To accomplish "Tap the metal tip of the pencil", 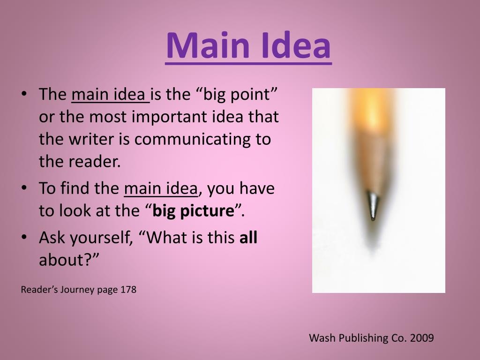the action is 373,206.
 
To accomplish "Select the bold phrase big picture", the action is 193,210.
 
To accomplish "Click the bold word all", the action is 248,237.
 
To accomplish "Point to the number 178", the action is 128,289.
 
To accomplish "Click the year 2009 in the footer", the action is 422,337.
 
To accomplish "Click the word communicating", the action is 193,139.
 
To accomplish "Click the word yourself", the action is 102,238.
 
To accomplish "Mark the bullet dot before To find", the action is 24,187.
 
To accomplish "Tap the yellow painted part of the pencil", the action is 372,107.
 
